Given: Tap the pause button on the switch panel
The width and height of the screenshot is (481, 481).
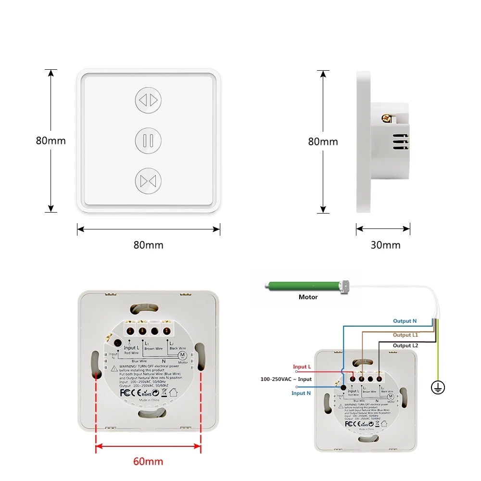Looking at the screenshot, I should [148, 140].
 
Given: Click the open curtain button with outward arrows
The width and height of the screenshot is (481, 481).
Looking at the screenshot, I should [148, 100].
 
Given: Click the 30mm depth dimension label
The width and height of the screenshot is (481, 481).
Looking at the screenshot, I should [385, 245].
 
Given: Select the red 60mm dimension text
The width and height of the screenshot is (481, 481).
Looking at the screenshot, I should [148, 462].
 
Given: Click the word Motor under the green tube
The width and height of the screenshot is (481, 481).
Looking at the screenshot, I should [308, 297].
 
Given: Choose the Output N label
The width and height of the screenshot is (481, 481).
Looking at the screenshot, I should [405, 321].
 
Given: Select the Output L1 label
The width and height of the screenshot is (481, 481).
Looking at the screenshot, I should [405, 335].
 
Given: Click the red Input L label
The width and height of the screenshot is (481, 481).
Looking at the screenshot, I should [302, 367].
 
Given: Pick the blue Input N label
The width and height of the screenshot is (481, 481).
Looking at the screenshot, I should [302, 393].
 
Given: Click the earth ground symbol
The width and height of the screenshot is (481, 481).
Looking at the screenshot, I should [438, 387].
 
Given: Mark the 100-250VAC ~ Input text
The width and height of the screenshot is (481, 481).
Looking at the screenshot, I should [286, 380].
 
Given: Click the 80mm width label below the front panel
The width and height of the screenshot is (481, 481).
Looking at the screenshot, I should [148, 245].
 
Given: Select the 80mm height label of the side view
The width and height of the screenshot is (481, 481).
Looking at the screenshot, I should [323, 142].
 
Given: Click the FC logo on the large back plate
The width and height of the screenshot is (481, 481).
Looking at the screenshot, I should [125, 392].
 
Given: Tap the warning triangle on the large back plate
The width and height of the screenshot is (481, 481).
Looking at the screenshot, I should [114, 368].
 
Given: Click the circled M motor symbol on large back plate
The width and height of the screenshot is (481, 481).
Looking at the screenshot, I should [182, 355].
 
